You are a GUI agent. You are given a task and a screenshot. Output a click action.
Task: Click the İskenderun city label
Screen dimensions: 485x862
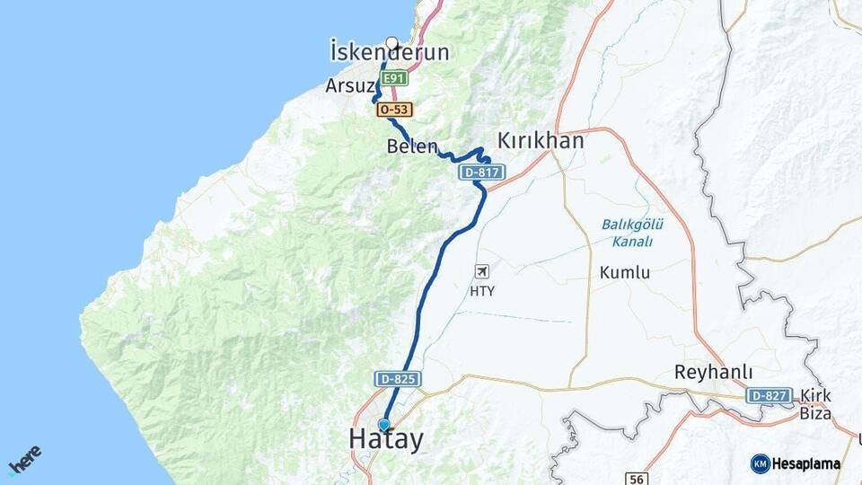pos(389,53)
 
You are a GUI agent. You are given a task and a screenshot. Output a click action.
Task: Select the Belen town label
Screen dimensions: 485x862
pos(413,146)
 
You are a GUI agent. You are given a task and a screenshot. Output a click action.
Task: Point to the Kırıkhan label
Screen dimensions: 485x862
pos(541,141)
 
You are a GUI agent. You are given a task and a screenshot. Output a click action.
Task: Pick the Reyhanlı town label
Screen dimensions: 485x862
pos(714,373)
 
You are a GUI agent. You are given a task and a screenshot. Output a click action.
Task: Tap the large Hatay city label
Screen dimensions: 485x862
pos(385,439)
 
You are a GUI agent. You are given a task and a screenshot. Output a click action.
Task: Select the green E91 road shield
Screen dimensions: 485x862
pos(395,78)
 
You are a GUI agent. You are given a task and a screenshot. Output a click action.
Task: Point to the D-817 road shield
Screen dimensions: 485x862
pos(482,172)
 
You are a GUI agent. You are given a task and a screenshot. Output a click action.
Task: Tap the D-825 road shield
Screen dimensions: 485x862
pos(398,380)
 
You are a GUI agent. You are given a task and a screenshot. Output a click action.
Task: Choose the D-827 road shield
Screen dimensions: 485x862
pos(769,395)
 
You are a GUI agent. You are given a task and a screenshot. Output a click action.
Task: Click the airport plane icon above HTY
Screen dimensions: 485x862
pos(482,271)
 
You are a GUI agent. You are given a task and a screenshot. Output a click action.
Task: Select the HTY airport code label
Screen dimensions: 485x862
pos(482,291)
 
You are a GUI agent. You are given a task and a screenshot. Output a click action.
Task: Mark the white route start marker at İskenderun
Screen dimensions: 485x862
pos(391,41)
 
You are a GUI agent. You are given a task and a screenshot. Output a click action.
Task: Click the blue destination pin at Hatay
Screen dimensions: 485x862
pos(384,424)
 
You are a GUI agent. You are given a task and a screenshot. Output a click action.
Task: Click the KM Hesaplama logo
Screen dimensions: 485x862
pos(796,463)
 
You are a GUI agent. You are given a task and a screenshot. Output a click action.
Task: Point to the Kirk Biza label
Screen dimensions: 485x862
pos(815,405)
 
